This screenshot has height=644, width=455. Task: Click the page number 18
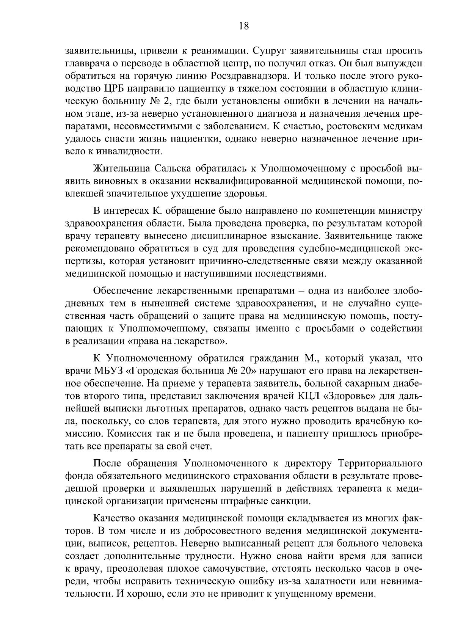tap(243, 26)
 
